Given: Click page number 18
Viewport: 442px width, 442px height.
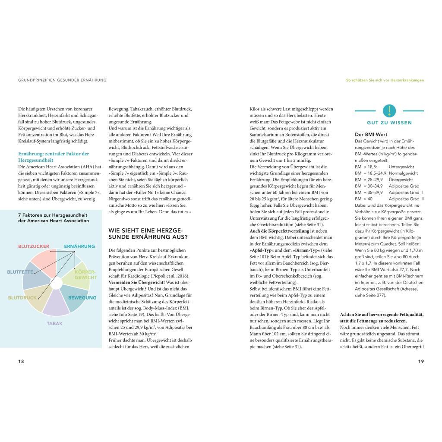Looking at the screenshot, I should tap(21, 361).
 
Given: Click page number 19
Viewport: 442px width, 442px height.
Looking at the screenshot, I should tap(421, 361).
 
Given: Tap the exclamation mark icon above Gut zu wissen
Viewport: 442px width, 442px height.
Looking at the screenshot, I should tap(389, 110).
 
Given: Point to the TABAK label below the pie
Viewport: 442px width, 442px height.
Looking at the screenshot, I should tap(54, 323).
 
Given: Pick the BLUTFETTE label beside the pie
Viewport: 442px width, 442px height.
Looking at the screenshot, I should tap(20, 272).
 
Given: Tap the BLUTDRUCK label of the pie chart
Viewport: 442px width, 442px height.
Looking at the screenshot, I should tap(22, 298).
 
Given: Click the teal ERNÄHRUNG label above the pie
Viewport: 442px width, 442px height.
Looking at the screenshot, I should tap(79, 246).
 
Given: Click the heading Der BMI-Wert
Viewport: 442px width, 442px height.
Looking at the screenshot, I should tap(371, 135).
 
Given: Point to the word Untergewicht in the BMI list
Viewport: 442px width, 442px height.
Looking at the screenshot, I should tap(401, 167).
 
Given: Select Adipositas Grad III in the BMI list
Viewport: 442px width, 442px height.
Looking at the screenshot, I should tap(406, 199).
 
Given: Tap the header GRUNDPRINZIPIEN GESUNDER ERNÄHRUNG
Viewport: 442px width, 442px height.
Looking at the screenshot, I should tap(62, 80).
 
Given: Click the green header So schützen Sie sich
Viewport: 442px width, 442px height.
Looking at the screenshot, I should tap(385, 80).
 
